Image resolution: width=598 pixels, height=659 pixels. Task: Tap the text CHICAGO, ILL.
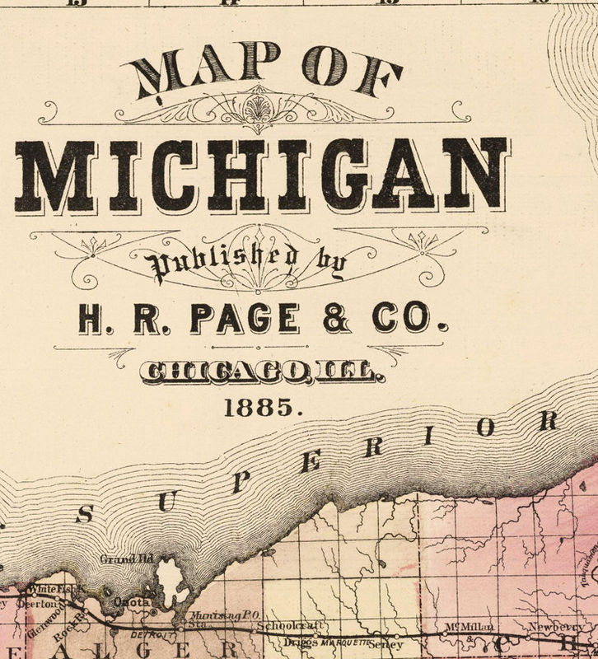coord(261,375)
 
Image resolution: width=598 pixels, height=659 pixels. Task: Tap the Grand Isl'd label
coord(116,560)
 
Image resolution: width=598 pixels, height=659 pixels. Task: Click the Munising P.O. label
coord(215,616)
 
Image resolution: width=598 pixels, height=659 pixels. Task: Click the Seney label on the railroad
coord(387,643)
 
